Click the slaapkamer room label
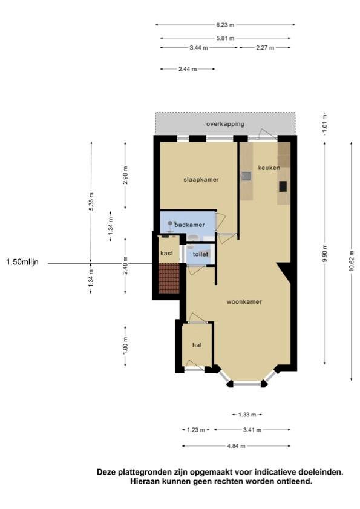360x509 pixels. point(201,179)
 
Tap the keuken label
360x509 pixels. point(269,168)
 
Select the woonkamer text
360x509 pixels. point(244,301)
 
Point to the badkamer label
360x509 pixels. point(189,225)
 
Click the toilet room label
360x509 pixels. point(200,254)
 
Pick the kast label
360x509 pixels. point(167,253)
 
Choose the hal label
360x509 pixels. point(197,345)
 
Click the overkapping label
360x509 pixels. point(225,123)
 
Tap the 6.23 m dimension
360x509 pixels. point(225,25)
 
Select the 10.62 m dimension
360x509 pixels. point(352,261)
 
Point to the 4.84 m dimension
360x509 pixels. point(236,446)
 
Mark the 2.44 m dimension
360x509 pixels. point(188,69)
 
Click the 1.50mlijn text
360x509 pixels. point(22,262)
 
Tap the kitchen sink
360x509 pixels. point(246,176)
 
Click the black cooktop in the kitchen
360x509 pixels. point(283,186)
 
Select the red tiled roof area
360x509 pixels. point(169,278)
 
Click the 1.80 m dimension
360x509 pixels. point(126,346)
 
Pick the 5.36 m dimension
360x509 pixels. point(91,202)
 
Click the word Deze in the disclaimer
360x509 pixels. point(106,472)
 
